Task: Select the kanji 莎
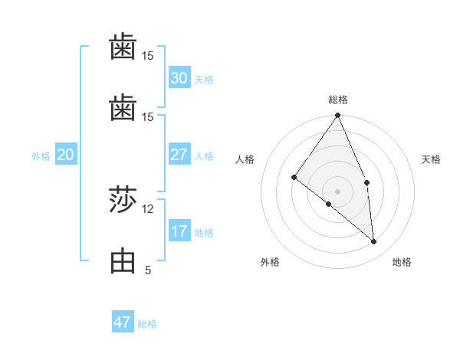[123, 201]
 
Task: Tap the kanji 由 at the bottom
[123, 261]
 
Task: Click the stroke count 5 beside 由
[147, 270]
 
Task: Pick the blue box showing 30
[179, 77]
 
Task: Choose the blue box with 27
[179, 155]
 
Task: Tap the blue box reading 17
[179, 231]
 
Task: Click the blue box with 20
[65, 155]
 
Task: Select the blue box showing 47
[123, 322]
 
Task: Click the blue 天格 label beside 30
[204, 79]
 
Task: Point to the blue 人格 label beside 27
[204, 156]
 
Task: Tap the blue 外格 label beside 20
[41, 156]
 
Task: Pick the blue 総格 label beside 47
[147, 324]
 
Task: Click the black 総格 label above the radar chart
[338, 100]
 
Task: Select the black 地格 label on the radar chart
[402, 263]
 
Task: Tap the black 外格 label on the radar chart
[270, 263]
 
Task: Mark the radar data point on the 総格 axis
[338, 116]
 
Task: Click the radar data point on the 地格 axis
[373, 241]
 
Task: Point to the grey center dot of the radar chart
[338, 191]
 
